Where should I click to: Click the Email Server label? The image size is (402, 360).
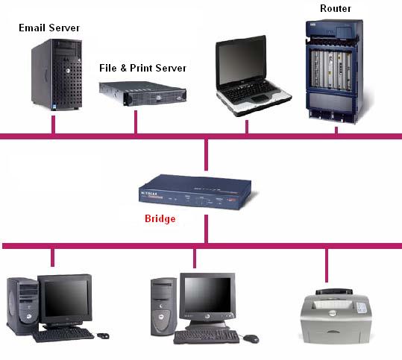click(x=49, y=28)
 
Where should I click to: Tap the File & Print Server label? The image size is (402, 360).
click(x=142, y=68)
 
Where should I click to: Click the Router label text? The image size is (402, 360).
click(x=335, y=8)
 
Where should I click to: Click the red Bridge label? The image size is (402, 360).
click(x=160, y=219)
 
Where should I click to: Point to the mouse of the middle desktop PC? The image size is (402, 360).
click(x=251, y=338)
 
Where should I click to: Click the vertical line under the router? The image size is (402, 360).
click(x=336, y=130)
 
